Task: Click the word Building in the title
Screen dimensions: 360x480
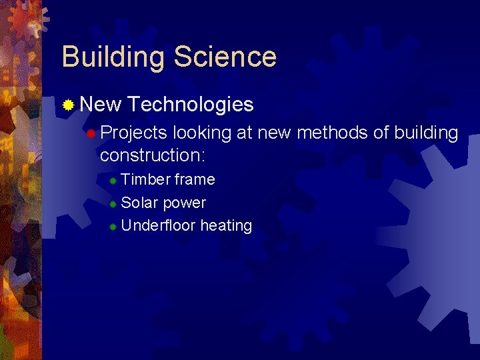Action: point(113,57)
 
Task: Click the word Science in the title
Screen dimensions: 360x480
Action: point(225,57)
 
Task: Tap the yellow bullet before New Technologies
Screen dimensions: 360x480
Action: point(67,105)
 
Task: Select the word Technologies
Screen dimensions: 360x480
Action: point(191,105)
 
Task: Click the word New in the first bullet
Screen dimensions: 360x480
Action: point(100,105)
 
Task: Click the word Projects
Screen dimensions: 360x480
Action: point(133,133)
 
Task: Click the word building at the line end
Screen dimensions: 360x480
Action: point(426,133)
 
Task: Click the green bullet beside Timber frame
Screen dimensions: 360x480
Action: point(113,181)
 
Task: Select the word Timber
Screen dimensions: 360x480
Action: point(145,179)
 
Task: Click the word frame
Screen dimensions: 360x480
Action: point(195,179)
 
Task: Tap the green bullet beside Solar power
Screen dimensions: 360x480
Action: point(113,204)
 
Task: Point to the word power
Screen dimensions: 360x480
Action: point(185,203)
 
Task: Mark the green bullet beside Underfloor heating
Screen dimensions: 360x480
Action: point(113,227)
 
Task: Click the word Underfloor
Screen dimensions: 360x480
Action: point(159,225)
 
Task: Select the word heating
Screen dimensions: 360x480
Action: point(226,226)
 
